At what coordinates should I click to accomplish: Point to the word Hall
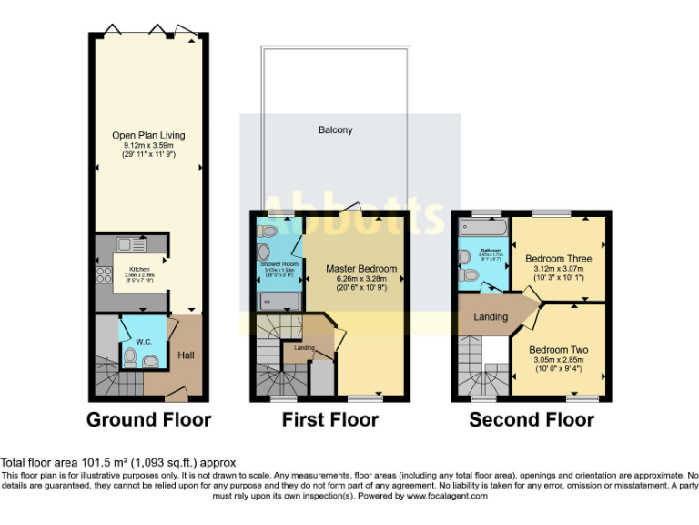coord(186,355)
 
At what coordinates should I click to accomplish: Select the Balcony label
coord(335,130)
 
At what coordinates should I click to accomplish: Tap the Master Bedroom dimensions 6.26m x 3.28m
coord(361,280)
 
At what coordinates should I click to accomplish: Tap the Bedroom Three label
coord(562,259)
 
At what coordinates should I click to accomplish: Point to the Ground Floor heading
coord(148,420)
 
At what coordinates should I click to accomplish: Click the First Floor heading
coord(330,420)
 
